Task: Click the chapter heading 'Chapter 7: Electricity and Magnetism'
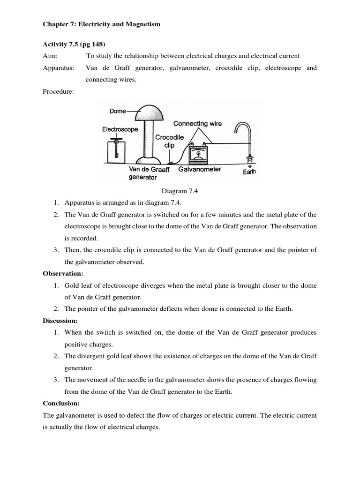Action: click(101, 24)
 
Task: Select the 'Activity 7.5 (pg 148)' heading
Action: click(73, 45)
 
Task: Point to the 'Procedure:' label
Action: click(58, 92)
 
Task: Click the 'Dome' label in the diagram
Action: click(118, 111)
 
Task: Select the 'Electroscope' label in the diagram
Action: click(120, 129)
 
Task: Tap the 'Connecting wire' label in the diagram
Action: click(197, 124)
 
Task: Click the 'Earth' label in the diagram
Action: click(249, 172)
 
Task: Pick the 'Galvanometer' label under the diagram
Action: click(199, 169)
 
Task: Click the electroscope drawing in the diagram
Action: click(114, 149)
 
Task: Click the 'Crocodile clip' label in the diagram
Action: click(169, 141)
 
